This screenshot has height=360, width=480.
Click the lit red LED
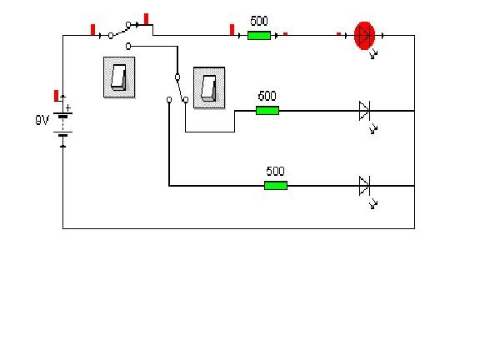(364, 35)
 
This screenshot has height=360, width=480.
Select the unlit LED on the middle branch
(364, 109)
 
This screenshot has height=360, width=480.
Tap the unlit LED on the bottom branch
(364, 185)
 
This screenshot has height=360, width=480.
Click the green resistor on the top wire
(259, 35)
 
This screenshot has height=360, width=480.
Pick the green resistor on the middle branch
(267, 110)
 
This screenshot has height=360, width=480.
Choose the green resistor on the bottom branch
(275, 185)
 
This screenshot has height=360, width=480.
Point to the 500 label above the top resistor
(259, 22)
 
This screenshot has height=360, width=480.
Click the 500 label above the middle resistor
(267, 97)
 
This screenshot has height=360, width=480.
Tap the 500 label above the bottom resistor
(275, 172)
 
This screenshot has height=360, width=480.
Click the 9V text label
(42, 120)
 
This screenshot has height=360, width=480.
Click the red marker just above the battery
(57, 95)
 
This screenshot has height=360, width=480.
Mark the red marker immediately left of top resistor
(232, 31)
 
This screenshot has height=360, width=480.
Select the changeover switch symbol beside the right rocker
(177, 88)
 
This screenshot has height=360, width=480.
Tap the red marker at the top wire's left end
(92, 31)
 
